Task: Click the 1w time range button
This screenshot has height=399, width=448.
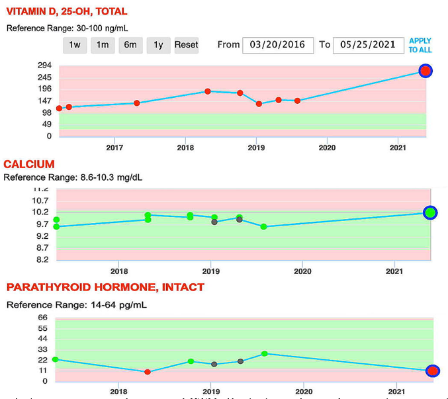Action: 75,45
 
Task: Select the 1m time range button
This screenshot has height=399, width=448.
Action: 103,45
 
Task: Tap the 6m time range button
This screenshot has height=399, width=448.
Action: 130,45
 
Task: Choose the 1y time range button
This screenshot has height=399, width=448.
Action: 158,45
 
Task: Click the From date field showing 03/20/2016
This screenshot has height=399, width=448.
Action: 277,44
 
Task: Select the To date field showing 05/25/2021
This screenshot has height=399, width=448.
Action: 367,44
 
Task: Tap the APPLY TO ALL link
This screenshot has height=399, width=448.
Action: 420,45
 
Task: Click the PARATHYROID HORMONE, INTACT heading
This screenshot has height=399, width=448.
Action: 105,287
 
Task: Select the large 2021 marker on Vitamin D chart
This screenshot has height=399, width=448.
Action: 426,71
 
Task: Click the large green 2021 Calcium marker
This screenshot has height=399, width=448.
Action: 430,212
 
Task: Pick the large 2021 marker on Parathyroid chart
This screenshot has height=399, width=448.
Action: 432,371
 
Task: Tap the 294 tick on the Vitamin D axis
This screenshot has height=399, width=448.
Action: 45,66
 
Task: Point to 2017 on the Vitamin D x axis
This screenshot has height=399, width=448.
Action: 115,148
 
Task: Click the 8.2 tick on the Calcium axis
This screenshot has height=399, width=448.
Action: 42,259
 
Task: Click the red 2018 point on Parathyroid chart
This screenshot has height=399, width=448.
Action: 148,372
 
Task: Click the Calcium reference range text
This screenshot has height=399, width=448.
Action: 73,177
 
